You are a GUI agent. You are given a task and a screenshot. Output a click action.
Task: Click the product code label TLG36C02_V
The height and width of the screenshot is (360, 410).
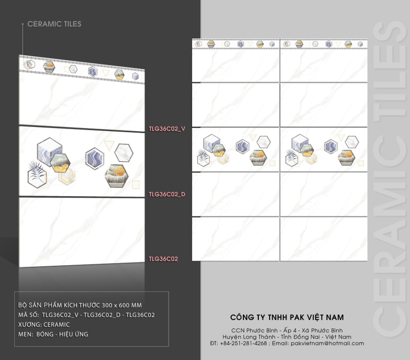[x=167, y=129]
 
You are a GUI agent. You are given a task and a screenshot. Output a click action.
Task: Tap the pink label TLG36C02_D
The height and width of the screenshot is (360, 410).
[x=167, y=195]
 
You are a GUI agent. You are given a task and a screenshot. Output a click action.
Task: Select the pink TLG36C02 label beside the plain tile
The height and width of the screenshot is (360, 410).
[x=163, y=259]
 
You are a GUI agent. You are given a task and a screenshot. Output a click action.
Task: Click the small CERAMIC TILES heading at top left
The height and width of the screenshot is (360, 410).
[x=54, y=24]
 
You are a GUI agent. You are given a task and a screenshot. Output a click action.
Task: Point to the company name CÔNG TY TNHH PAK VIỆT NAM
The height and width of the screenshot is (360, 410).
[x=287, y=317]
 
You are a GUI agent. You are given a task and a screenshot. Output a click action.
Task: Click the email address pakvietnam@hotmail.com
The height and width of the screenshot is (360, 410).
[x=327, y=343]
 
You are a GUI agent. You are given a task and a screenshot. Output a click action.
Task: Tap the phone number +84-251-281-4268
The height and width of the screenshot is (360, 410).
[x=243, y=343]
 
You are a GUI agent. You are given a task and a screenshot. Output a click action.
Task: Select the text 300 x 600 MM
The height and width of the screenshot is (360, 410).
[x=121, y=305]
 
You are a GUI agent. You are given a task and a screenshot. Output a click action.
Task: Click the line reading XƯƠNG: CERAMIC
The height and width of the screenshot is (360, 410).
[x=44, y=325]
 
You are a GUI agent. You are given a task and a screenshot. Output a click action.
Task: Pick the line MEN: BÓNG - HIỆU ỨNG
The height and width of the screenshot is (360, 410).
[x=53, y=334]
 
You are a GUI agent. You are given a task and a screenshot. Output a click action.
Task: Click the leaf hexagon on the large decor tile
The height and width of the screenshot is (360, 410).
[x=37, y=175]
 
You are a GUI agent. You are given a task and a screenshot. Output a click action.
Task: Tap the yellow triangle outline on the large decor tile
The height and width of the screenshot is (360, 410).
[x=109, y=145]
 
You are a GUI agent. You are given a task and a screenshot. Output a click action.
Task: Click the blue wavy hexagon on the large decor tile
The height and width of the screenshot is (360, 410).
[x=95, y=158]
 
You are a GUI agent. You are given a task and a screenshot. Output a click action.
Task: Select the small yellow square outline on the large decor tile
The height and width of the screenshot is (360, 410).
[x=136, y=185]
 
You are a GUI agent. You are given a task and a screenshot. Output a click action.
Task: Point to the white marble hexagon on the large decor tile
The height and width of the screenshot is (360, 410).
[x=124, y=153]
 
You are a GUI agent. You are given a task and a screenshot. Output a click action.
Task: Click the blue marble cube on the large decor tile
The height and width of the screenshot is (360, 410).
[x=49, y=152]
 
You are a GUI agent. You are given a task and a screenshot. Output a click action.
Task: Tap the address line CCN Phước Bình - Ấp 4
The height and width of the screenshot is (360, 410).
[x=264, y=330]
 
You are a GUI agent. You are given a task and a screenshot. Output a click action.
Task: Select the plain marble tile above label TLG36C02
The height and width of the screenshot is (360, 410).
[x=82, y=232]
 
